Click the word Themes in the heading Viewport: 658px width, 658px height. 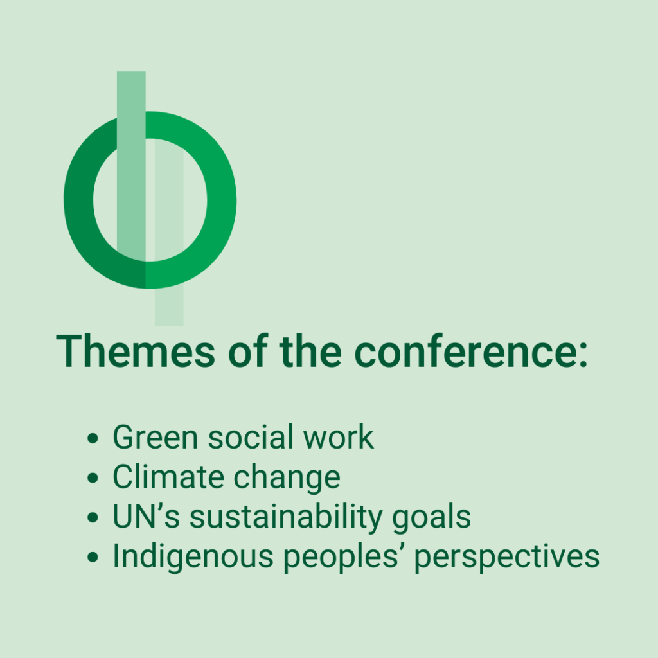pyautogui.click(x=136, y=351)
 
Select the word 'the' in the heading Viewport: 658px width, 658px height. pyautogui.click(x=310, y=351)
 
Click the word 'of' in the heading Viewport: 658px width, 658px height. pyautogui.click(x=248, y=351)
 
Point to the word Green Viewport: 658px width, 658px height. pyautogui.click(x=156, y=437)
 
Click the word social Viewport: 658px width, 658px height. pyautogui.click(x=251, y=437)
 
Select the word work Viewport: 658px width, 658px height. pyautogui.click(x=338, y=437)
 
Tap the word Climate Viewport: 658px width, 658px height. pyautogui.click(x=168, y=477)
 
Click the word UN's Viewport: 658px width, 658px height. pyautogui.click(x=147, y=517)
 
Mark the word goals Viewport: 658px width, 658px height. pyautogui.click(x=431, y=519)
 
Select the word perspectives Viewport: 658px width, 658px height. pyautogui.click(x=507, y=558)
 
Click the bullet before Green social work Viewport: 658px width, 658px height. pyautogui.click(x=93, y=438)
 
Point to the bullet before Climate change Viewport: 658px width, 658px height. pyautogui.click(x=93, y=478)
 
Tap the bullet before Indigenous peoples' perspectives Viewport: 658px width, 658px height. pyautogui.click(x=93, y=557)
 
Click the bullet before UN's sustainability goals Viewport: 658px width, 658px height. pyautogui.click(x=93, y=517)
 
